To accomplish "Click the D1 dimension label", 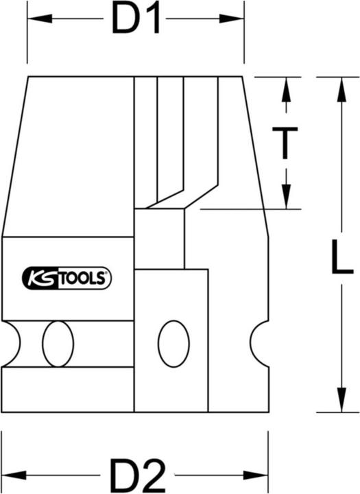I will [136, 21].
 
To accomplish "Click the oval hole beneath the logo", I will [58, 344].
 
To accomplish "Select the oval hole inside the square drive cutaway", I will [173, 342].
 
